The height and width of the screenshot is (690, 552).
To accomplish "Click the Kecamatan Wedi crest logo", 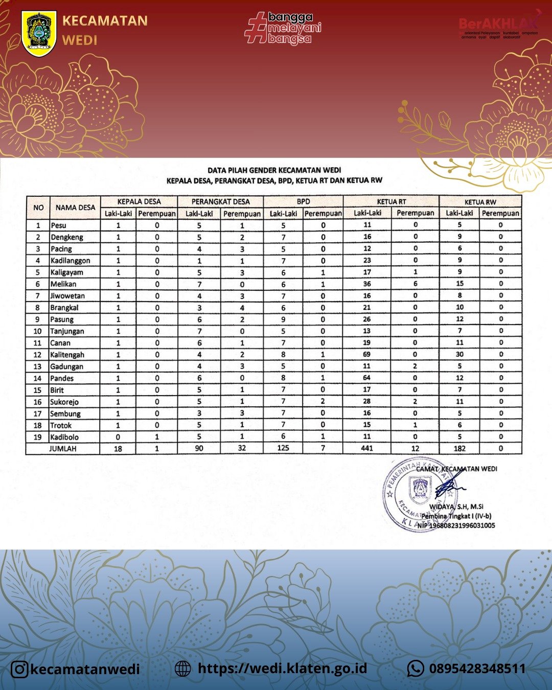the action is [x=39, y=34].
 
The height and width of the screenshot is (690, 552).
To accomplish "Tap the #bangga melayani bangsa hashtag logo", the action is [x=283, y=29].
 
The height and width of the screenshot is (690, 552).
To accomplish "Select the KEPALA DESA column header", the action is [x=139, y=201].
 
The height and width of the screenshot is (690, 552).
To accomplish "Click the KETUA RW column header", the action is [x=480, y=202].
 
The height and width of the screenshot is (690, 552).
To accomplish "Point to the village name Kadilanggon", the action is [x=71, y=261].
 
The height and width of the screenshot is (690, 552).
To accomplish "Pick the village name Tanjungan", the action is [x=67, y=331].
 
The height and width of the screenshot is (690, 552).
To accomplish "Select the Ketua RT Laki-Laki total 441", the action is [x=367, y=448].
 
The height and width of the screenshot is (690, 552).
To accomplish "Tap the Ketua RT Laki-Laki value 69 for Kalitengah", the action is [x=367, y=354].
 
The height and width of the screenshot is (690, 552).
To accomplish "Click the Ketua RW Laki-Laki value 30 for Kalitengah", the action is [x=459, y=354].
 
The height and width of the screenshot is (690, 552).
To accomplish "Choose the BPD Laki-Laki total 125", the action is [x=283, y=448].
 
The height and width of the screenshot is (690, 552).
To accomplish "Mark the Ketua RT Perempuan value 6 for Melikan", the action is [x=415, y=284].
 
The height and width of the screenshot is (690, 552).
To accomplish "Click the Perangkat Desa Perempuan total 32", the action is [x=242, y=448].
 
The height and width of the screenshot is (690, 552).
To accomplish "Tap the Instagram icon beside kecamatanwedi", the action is [x=19, y=669].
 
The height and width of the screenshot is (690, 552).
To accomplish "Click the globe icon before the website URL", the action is [x=182, y=669].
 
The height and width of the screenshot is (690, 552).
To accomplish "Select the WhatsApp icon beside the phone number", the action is [x=416, y=668].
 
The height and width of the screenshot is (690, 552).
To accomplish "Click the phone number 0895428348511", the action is [x=477, y=669].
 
